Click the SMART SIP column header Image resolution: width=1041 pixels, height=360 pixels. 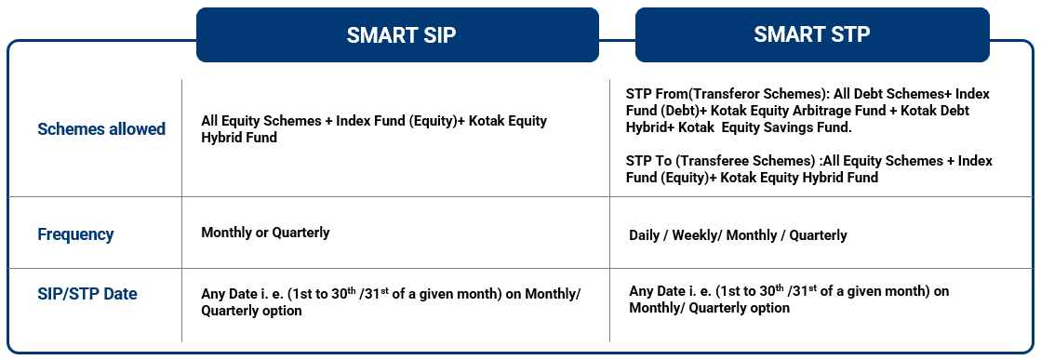[397, 34]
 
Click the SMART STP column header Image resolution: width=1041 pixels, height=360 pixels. [813, 34]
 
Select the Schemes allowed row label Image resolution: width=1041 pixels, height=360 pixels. [101, 129]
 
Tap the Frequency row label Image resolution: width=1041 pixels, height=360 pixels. [75, 234]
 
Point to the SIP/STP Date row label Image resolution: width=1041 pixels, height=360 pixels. [87, 294]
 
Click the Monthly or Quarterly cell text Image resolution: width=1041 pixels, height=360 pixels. [265, 233]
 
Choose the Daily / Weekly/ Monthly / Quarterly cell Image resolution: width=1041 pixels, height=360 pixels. [739, 235]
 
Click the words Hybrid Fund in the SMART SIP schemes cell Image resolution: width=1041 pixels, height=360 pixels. [237, 138]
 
